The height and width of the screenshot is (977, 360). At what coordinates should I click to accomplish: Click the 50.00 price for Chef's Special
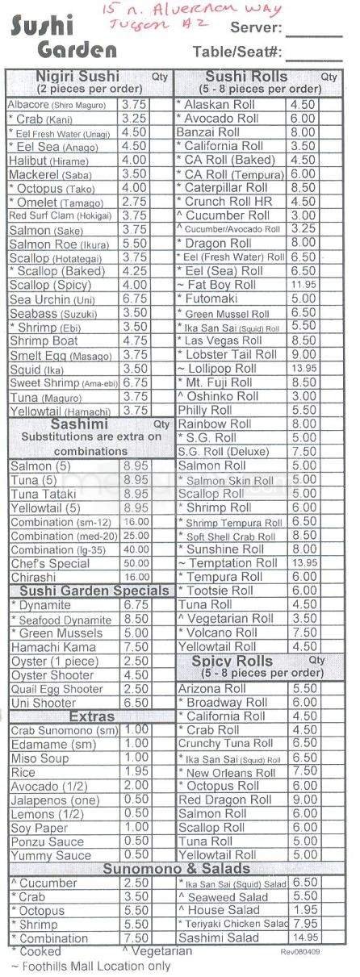136,562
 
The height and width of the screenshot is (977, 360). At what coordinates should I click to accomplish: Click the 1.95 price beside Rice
136,772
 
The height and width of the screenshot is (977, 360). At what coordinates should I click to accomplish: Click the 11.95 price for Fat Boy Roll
303,285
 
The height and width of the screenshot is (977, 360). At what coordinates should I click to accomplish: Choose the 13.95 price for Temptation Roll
303,562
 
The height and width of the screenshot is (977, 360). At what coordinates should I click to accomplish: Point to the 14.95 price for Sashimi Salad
303,938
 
